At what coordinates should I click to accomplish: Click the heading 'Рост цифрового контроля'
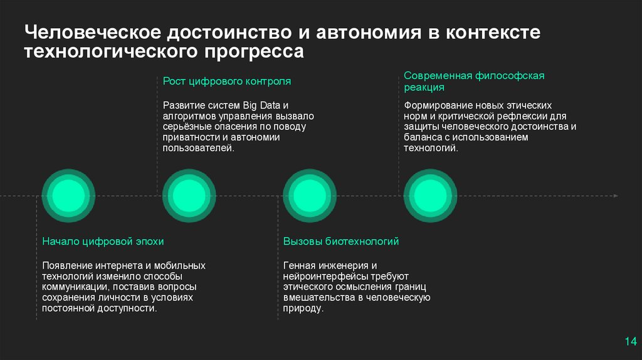(227, 82)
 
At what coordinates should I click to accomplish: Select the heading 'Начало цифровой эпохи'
(103, 241)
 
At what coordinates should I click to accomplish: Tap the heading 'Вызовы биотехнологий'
(340, 241)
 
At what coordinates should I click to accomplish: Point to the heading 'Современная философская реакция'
(474, 82)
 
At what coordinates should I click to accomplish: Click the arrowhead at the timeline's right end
(616, 196)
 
